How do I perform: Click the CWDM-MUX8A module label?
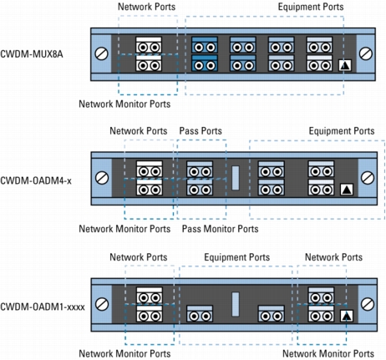[x=32, y=54]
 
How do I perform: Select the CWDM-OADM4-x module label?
[x=36, y=180]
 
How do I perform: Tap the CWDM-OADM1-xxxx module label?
[x=43, y=307]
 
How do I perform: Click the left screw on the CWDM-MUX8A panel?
[x=101, y=53]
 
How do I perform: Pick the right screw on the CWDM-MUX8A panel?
[x=365, y=53]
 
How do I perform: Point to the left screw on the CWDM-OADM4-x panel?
[x=102, y=178]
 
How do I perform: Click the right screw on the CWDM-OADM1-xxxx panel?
[x=368, y=304]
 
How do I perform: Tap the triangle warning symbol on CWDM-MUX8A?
[x=345, y=66]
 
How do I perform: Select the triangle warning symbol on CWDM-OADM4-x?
[x=347, y=190]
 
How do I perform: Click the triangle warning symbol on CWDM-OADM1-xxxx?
[x=347, y=316]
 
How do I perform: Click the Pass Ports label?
[x=201, y=131]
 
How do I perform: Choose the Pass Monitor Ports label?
[x=220, y=229]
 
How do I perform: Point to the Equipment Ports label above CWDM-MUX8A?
[x=311, y=7]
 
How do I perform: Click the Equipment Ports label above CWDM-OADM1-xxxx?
[x=237, y=257]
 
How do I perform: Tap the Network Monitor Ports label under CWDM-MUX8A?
[x=124, y=104]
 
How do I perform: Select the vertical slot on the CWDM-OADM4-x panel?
[x=236, y=178]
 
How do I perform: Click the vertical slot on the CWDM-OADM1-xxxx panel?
[x=236, y=304]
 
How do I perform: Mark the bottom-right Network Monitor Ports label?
[x=328, y=353]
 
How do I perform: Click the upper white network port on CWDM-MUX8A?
[x=149, y=45]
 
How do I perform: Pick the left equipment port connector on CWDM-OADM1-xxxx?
[x=200, y=313]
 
